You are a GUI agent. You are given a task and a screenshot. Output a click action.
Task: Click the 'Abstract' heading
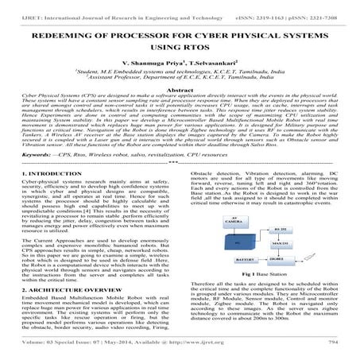[180, 91]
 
